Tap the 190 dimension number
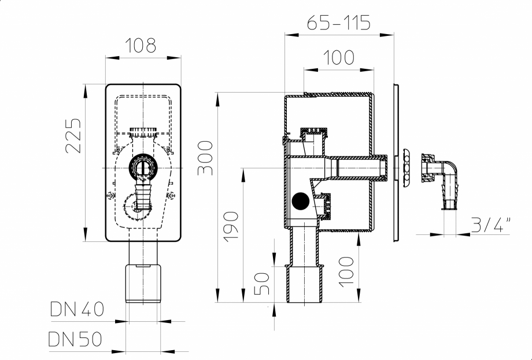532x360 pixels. [x=231, y=226]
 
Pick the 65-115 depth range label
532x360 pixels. [x=339, y=23]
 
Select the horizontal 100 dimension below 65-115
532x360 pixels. [x=339, y=58]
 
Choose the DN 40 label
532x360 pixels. [x=76, y=310]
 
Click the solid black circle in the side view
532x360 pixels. [x=301, y=200]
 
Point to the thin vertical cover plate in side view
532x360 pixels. [x=395, y=162]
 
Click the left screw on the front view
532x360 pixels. [x=110, y=196]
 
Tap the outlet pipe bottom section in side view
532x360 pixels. [x=302, y=284]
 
